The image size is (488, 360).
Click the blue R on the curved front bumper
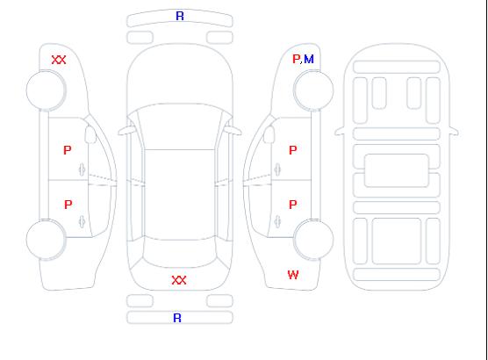(180, 16)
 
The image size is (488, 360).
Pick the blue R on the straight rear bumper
(177, 318)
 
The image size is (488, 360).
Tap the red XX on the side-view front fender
(59, 60)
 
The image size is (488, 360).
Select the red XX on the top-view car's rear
(179, 280)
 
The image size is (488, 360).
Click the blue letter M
(309, 59)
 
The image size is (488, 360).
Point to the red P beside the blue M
(296, 59)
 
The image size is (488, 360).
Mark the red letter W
(293, 275)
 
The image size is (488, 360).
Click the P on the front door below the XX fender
(68, 150)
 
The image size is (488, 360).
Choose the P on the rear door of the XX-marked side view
(68, 205)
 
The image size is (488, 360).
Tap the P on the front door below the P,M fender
(293, 150)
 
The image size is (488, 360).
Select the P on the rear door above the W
(293, 205)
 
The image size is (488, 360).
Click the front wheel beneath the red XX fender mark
(46, 90)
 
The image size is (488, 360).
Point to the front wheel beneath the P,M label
(313, 90)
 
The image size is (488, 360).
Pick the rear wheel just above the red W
(313, 240)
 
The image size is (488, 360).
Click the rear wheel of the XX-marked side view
(46, 240)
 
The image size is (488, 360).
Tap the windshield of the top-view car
(180, 126)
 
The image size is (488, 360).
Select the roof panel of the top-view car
(180, 195)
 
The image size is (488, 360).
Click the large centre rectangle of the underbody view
(397, 170)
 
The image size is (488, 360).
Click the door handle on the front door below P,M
(277, 169)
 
